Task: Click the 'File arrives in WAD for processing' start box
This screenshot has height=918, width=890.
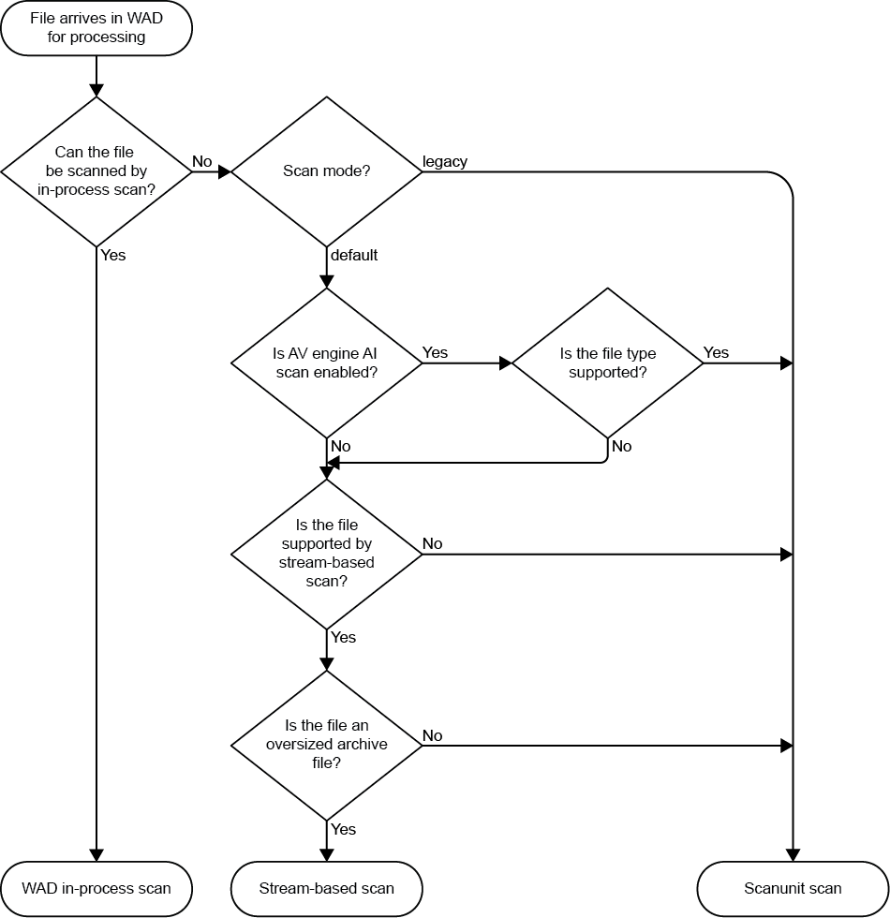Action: (x=96, y=28)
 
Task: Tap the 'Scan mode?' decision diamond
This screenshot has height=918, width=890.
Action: (x=327, y=171)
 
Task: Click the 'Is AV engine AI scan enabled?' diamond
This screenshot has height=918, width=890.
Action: (x=327, y=363)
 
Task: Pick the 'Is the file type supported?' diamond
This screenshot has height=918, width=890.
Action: (x=607, y=363)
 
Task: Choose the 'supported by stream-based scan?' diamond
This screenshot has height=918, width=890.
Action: (x=327, y=554)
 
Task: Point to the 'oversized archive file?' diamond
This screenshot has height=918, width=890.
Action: (x=327, y=745)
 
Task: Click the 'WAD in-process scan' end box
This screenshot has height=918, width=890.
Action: (x=96, y=888)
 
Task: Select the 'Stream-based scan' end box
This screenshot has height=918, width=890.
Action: (x=327, y=888)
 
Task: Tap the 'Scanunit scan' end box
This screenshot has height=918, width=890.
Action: (x=793, y=888)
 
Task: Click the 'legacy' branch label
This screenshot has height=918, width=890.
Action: (x=445, y=161)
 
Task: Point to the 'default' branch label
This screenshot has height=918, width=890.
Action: (x=354, y=255)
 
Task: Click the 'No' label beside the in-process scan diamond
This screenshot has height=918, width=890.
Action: (x=202, y=161)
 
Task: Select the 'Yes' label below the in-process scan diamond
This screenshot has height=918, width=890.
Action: (x=112, y=255)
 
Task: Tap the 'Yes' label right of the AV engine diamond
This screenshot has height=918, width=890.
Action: (x=436, y=352)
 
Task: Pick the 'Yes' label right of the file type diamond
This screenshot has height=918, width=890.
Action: (x=716, y=352)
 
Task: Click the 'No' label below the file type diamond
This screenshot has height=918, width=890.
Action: (x=622, y=446)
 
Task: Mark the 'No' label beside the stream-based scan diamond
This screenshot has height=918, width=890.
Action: (x=432, y=543)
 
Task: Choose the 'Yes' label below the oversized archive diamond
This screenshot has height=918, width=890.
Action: (x=344, y=829)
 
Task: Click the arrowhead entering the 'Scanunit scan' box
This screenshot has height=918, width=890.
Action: (x=793, y=855)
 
